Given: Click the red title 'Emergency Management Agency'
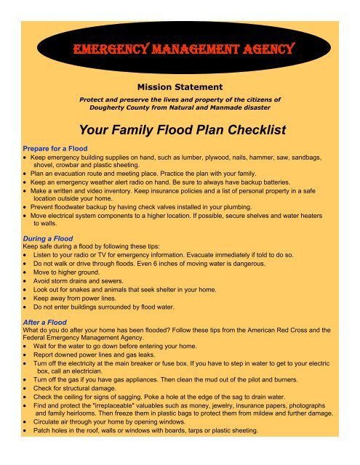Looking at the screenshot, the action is tap(182, 51).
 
